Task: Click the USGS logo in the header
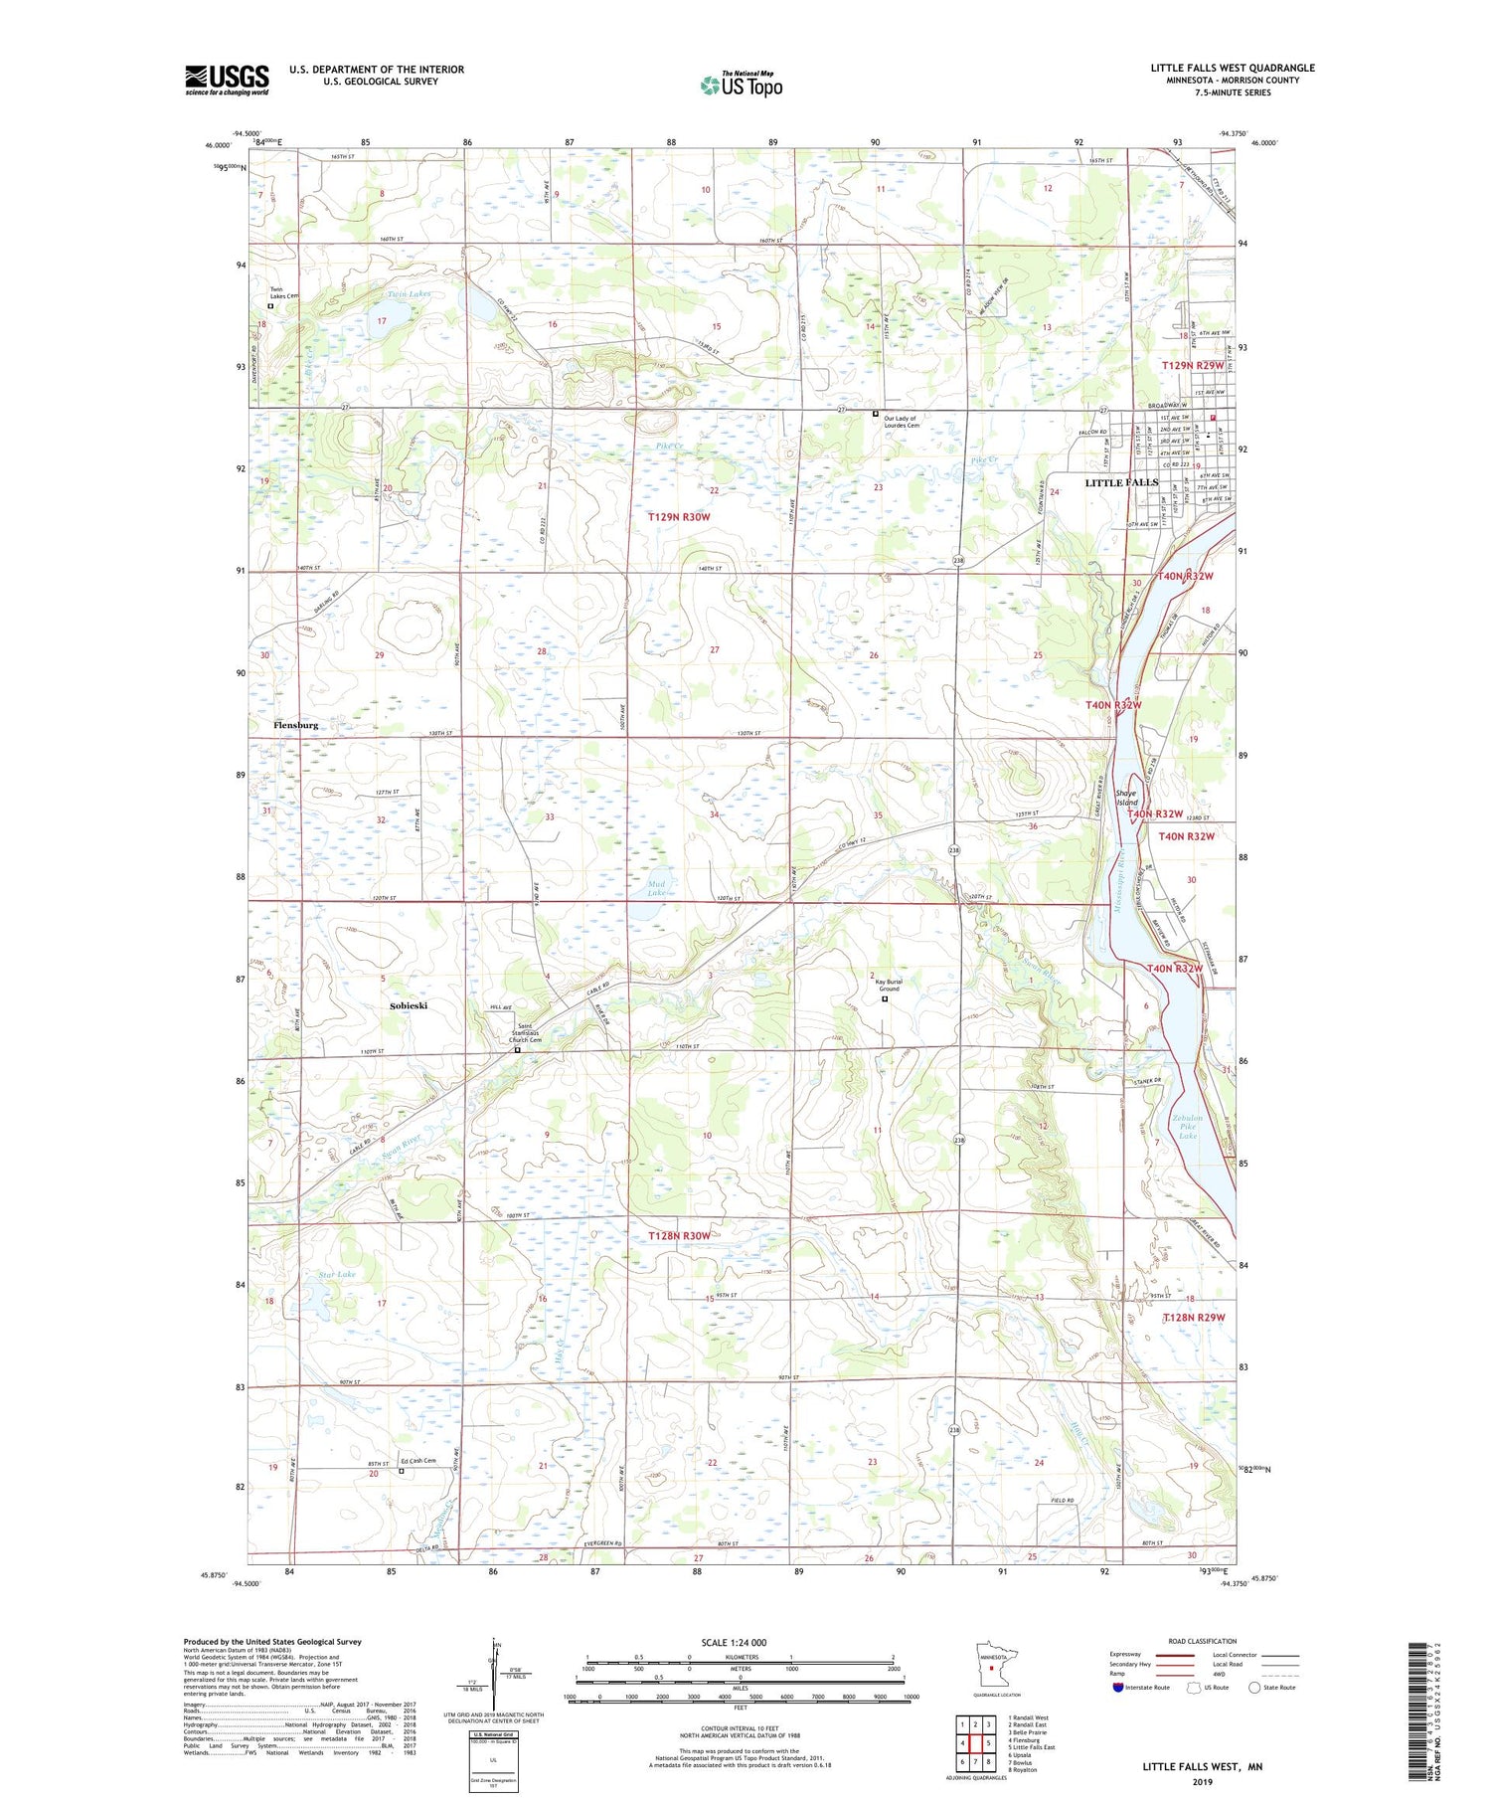[x=227, y=80]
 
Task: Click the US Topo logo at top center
[x=742, y=86]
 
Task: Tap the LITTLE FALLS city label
[x=1121, y=482]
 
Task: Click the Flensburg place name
[x=296, y=726]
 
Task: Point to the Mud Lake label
[x=656, y=888]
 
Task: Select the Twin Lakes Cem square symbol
[x=270, y=307]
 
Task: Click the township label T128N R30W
[x=679, y=1236]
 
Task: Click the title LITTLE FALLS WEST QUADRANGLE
[x=1233, y=68]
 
